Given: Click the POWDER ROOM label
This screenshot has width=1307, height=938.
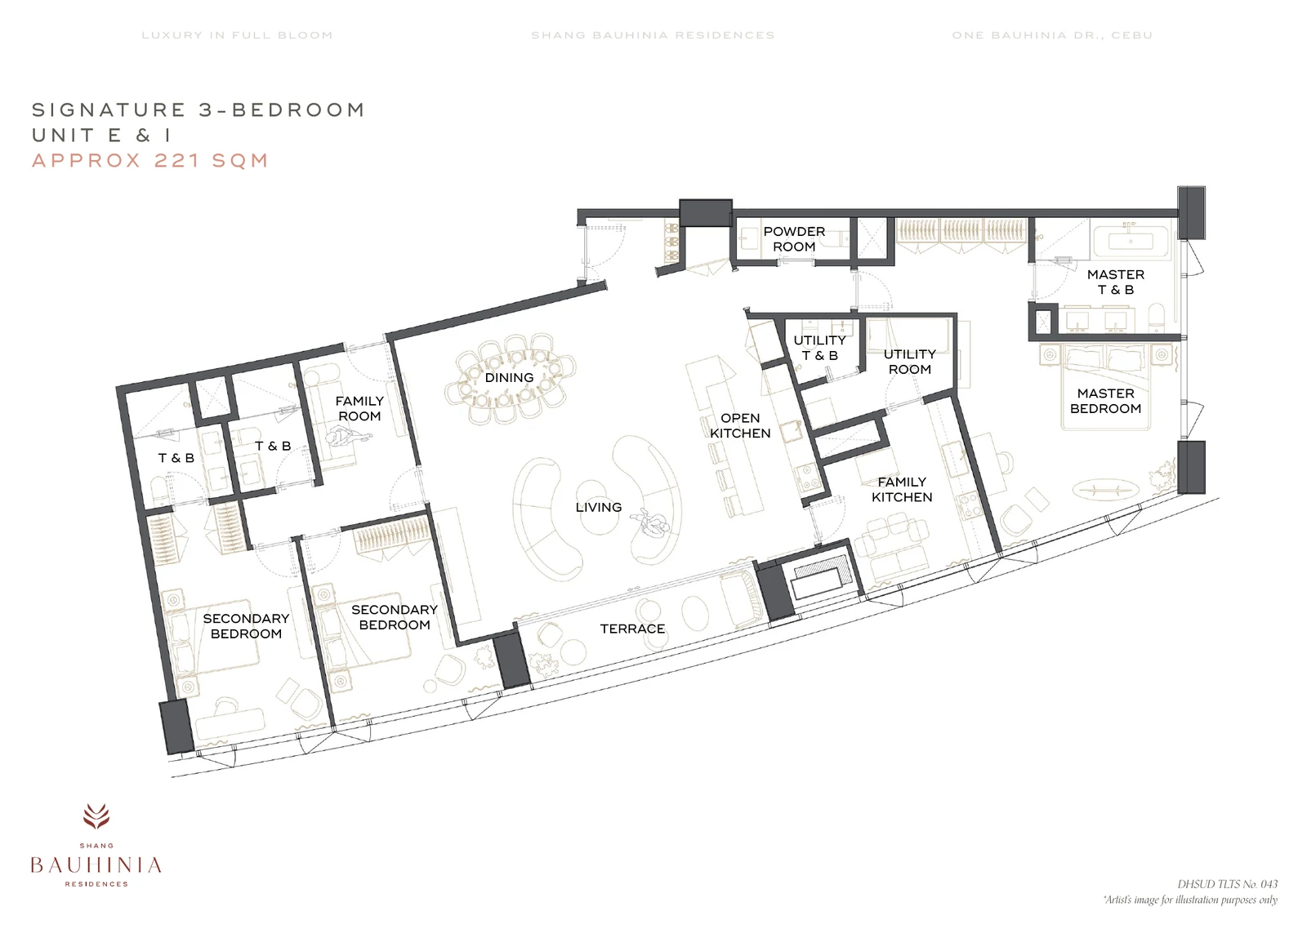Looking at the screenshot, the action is pyautogui.click(x=794, y=239).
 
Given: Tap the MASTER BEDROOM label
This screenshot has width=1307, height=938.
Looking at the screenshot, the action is pyautogui.click(x=1106, y=401).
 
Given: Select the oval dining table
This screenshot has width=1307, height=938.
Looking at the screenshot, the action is pyautogui.click(x=510, y=378).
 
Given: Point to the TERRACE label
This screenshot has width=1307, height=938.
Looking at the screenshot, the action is pyautogui.click(x=632, y=629).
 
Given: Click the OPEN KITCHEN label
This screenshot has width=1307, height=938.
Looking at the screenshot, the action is pyautogui.click(x=740, y=425).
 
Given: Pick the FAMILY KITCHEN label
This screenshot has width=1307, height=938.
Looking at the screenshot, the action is pyautogui.click(x=902, y=490).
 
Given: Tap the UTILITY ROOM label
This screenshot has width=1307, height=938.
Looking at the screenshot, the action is pyautogui.click(x=910, y=362).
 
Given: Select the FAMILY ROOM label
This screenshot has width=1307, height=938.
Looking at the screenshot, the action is pyautogui.click(x=359, y=409).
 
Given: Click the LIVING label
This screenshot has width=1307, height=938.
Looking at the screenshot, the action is pyautogui.click(x=599, y=507).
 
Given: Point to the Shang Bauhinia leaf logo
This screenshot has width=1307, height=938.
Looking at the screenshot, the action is pyautogui.click(x=96, y=816).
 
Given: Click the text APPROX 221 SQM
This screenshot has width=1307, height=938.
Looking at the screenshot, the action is pyautogui.click(x=150, y=160).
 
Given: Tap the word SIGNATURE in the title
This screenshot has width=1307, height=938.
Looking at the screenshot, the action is pyautogui.click(x=109, y=109).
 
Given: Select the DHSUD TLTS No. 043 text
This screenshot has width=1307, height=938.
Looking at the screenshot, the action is pyautogui.click(x=1227, y=884).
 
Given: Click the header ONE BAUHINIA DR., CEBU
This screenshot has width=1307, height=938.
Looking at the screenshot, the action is pyautogui.click(x=1052, y=35).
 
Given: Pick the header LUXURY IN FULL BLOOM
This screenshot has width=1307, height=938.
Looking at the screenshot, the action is pyautogui.click(x=238, y=35).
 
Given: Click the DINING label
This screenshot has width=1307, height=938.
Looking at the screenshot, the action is pyautogui.click(x=510, y=377).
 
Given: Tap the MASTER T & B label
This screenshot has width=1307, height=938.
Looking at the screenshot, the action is pyautogui.click(x=1116, y=282).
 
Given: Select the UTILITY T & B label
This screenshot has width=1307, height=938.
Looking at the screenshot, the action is pyautogui.click(x=820, y=348).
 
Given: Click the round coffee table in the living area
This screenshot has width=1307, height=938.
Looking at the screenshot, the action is pyautogui.click(x=591, y=500).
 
